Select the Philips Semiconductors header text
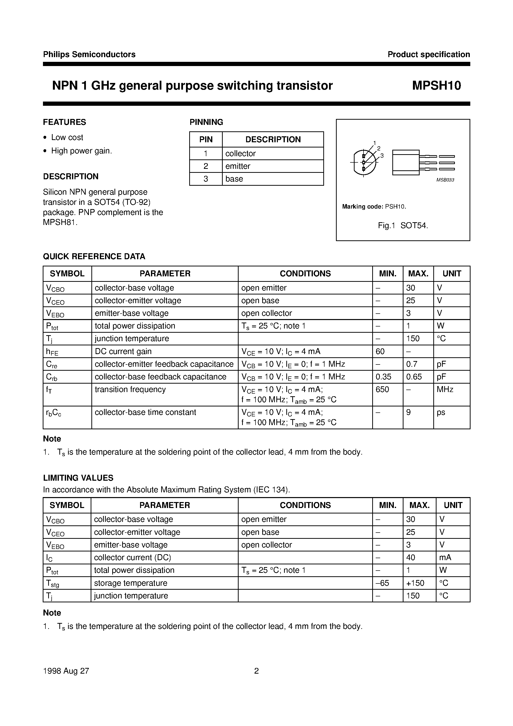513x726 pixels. [89, 54]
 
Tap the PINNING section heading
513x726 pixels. [206, 122]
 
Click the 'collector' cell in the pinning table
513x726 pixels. [240, 154]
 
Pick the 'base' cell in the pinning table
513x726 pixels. [234, 179]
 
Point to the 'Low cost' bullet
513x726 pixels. [67, 137]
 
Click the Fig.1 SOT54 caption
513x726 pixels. [403, 225]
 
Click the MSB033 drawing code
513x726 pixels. [445, 180]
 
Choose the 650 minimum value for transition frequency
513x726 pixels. [382, 390]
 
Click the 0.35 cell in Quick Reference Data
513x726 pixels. [383, 377]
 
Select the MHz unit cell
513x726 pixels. [445, 390]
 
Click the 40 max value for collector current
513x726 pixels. [410, 557]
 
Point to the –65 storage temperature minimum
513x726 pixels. [382, 583]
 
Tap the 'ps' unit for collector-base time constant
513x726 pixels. [441, 412]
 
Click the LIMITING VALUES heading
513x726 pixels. [78, 478]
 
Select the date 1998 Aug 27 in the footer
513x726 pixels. [66, 671]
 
